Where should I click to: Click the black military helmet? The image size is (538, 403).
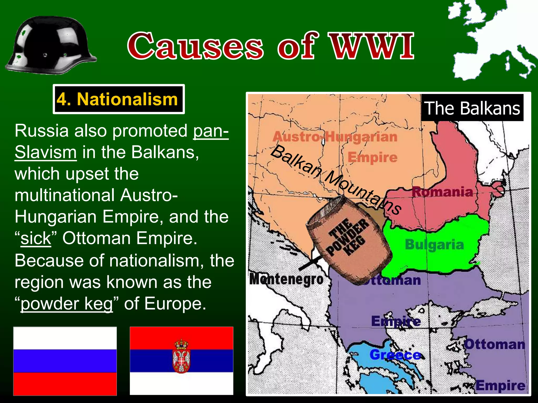[51, 45]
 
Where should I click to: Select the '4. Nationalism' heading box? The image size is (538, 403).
[118, 99]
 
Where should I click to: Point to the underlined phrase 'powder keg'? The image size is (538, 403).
[67, 304]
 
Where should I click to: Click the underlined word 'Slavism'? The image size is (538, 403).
[46, 152]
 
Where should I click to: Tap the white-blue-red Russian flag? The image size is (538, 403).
[65, 361]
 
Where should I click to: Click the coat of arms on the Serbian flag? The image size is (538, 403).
[181, 356]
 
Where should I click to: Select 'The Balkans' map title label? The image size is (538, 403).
[472, 108]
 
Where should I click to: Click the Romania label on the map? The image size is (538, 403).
[442, 192]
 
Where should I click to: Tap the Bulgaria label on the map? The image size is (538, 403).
[434, 245]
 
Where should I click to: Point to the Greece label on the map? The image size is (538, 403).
[395, 355]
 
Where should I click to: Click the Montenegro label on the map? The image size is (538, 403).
[286, 279]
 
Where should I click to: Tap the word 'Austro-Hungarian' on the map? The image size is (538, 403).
[335, 137]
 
